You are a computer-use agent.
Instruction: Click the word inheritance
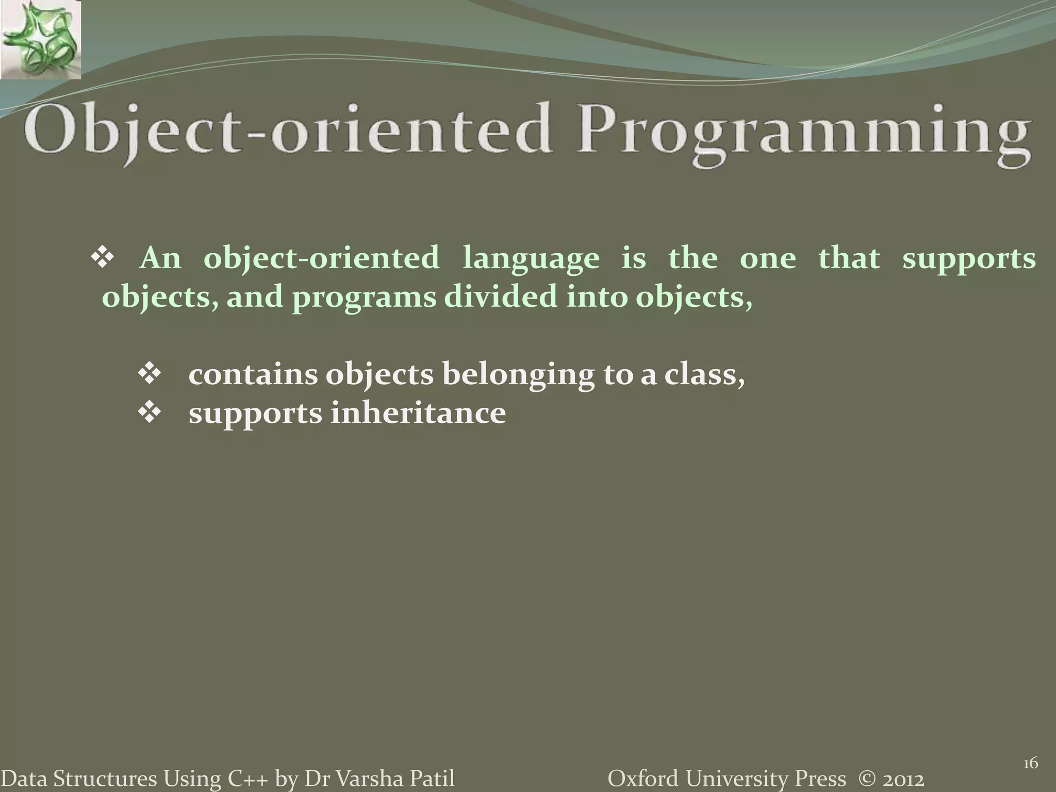click(418, 413)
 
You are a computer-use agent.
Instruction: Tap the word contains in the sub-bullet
click(253, 375)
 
